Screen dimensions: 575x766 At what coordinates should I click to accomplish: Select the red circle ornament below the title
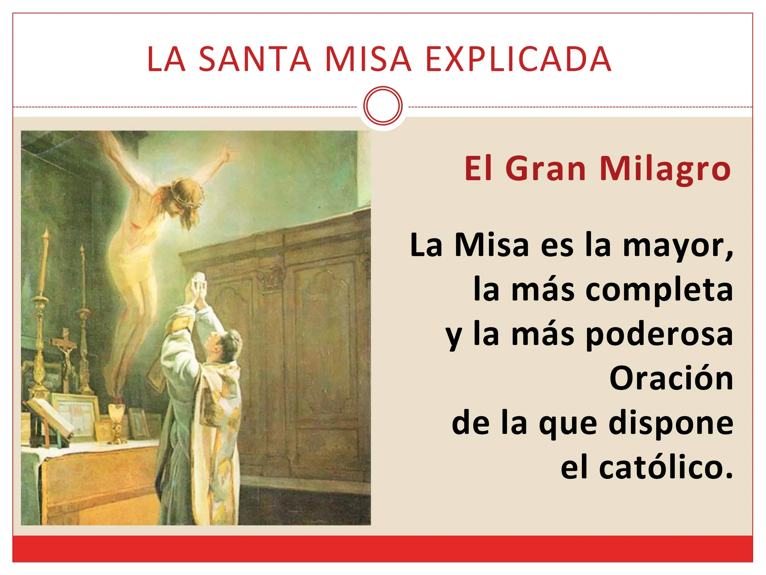pyautogui.click(x=383, y=106)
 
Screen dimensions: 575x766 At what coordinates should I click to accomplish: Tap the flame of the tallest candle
pyautogui.click(x=45, y=236)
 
